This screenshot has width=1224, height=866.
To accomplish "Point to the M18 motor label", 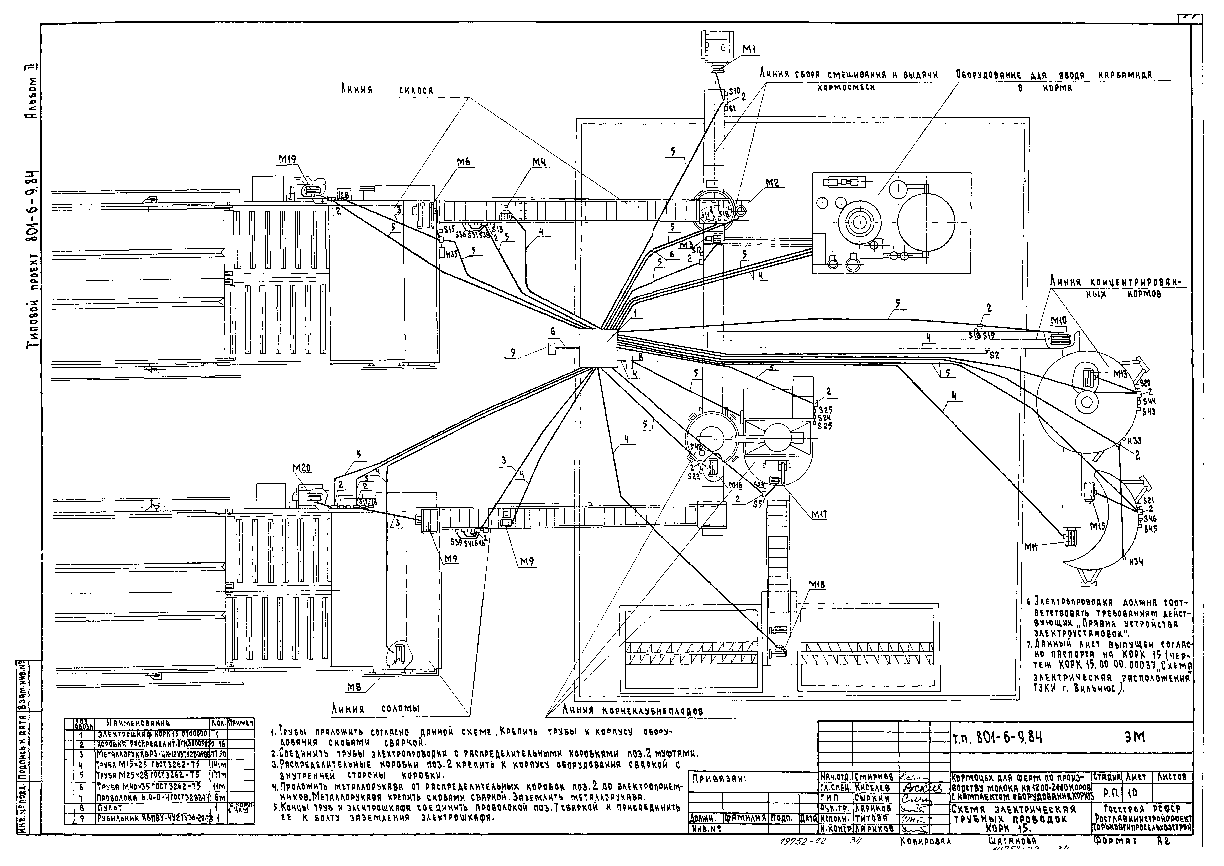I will [x=817, y=585].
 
